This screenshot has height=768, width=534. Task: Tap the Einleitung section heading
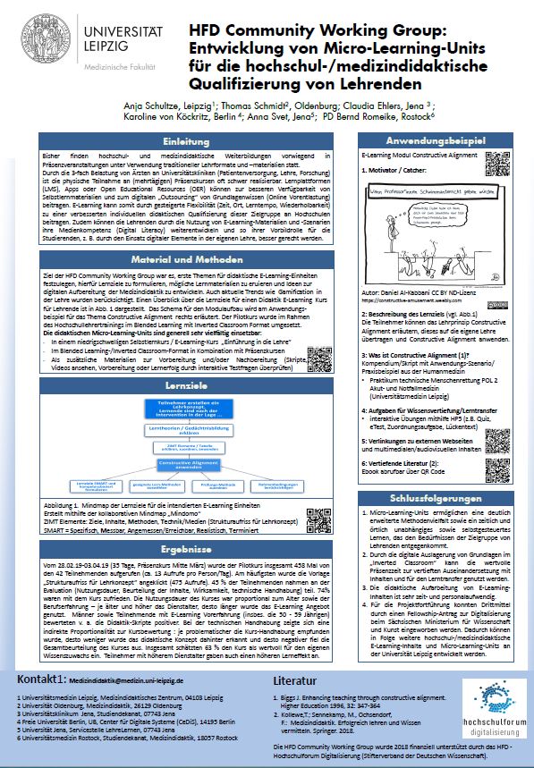click(x=188, y=141)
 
